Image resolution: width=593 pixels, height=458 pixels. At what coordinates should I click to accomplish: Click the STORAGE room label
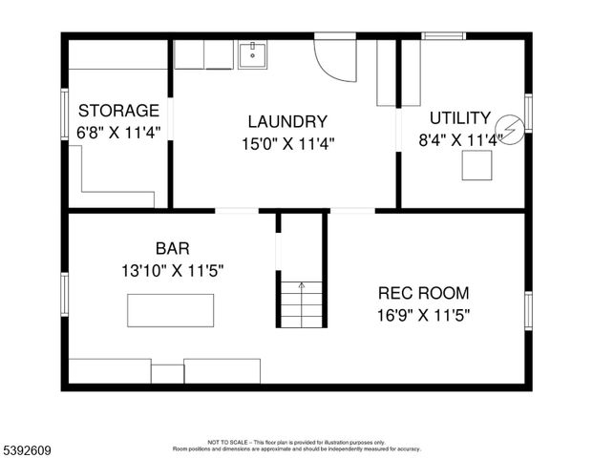click(x=118, y=110)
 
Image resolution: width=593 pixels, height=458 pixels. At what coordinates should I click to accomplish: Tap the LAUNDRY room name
click(x=287, y=121)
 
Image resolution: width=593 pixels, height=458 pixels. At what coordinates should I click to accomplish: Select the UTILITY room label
click(x=459, y=118)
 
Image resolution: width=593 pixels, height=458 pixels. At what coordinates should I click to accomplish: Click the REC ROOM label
click(x=423, y=293)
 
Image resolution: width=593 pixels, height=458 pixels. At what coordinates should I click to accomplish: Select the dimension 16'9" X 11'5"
click(x=423, y=314)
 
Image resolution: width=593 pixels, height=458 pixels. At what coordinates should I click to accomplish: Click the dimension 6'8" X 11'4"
click(x=118, y=133)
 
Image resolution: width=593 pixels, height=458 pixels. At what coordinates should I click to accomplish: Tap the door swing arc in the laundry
click(x=334, y=61)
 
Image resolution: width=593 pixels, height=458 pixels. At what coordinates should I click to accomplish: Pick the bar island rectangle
click(x=171, y=310)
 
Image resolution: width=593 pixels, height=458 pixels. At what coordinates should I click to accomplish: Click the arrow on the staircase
click(x=302, y=285)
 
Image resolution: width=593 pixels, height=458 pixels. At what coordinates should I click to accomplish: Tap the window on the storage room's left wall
click(x=64, y=115)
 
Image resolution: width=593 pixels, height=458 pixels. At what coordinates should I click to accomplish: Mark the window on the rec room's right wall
click(x=528, y=310)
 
